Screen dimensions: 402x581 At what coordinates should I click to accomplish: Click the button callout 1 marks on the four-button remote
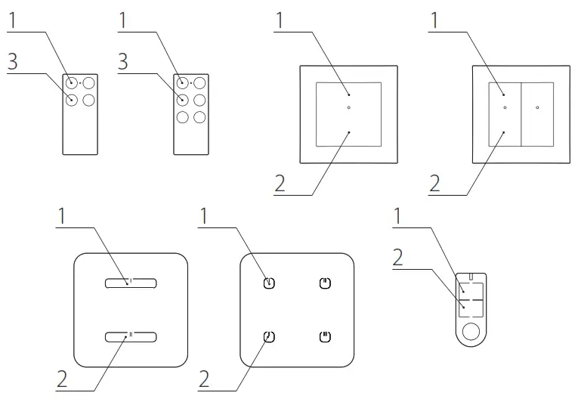(71, 82)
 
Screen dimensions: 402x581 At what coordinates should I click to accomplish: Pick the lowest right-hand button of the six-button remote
(199, 117)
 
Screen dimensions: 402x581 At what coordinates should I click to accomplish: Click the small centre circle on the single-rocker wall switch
(348, 108)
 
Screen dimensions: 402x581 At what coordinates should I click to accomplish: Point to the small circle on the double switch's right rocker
(537, 108)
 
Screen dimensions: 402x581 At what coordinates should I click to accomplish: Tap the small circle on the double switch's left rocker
(505, 108)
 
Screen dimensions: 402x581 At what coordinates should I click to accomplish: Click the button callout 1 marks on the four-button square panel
(269, 283)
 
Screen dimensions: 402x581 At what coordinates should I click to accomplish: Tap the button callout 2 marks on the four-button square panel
(269, 336)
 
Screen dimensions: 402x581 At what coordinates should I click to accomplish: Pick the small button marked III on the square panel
(324, 336)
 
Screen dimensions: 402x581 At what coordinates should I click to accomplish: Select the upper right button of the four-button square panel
(324, 283)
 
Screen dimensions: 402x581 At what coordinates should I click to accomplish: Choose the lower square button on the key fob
(471, 307)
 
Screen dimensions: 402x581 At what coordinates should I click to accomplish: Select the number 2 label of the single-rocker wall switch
(280, 184)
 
